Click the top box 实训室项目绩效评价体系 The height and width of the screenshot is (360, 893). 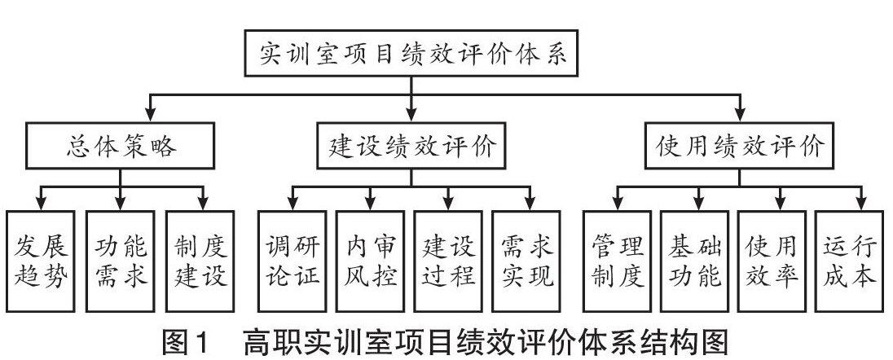tap(411, 53)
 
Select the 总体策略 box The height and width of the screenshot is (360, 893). tap(120, 146)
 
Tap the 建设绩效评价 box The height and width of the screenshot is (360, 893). tap(411, 146)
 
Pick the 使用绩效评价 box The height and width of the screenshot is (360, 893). tap(739, 146)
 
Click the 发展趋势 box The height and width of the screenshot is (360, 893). tap(41, 261)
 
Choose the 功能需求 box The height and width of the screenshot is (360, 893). tap(120, 261)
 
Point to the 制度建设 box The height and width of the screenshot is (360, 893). tap(200, 261)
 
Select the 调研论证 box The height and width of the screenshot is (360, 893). tap(293, 261)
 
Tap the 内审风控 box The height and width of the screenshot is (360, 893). tap(370, 261)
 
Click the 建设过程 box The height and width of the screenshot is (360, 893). tap(448, 261)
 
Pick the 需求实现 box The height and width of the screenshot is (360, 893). tap(526, 261)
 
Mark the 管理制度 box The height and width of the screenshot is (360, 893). tap(618, 261)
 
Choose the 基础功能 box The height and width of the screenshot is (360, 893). tap(695, 261)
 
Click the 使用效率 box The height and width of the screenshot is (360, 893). tap(772, 261)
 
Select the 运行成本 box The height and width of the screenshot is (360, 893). tap(849, 261)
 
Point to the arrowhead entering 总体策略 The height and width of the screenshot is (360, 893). tap(151, 115)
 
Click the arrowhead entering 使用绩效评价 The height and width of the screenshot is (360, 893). tap(740, 115)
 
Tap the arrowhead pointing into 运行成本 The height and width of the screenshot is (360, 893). tap(861, 204)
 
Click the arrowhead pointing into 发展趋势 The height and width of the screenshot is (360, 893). tap(41, 204)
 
